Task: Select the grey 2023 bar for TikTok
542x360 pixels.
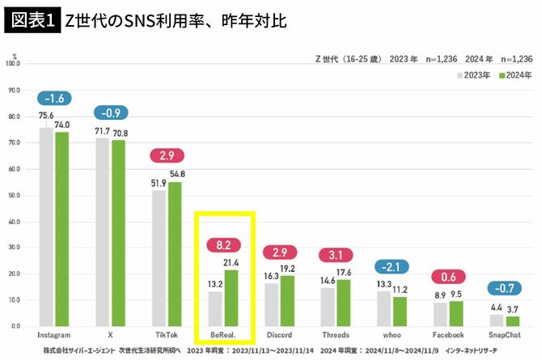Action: [159, 258]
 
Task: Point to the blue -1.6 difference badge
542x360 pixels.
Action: [54, 98]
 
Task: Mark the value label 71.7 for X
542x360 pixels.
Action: [101, 130]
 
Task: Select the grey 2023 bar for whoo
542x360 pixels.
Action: [384, 308]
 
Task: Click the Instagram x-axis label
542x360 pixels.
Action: [54, 334]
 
